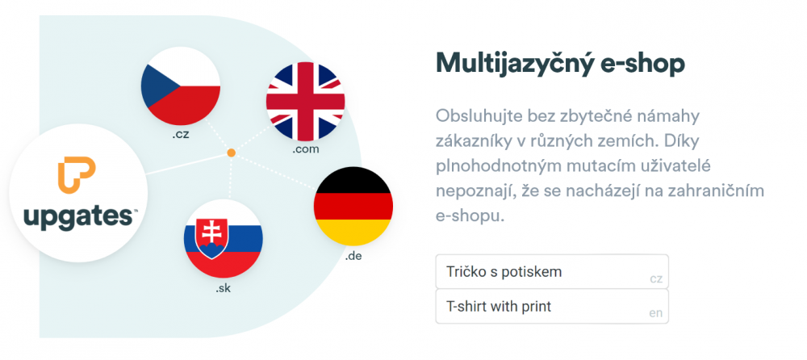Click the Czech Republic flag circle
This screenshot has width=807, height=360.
click(181, 86)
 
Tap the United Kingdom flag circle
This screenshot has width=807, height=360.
click(306, 102)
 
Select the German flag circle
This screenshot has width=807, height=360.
click(353, 206)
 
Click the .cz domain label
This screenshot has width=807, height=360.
click(181, 135)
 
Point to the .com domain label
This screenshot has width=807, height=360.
click(306, 150)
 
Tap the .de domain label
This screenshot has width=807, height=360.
click(353, 255)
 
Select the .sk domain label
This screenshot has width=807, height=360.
click(224, 288)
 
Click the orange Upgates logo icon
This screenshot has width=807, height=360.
click(77, 176)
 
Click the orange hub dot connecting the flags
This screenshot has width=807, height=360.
click(232, 153)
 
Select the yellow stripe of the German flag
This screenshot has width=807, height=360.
click(353, 232)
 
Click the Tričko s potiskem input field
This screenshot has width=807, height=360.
click(552, 271)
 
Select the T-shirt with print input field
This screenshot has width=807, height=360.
click(552, 307)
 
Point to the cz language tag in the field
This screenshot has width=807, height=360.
click(655, 279)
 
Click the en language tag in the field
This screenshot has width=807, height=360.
click(655, 313)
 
